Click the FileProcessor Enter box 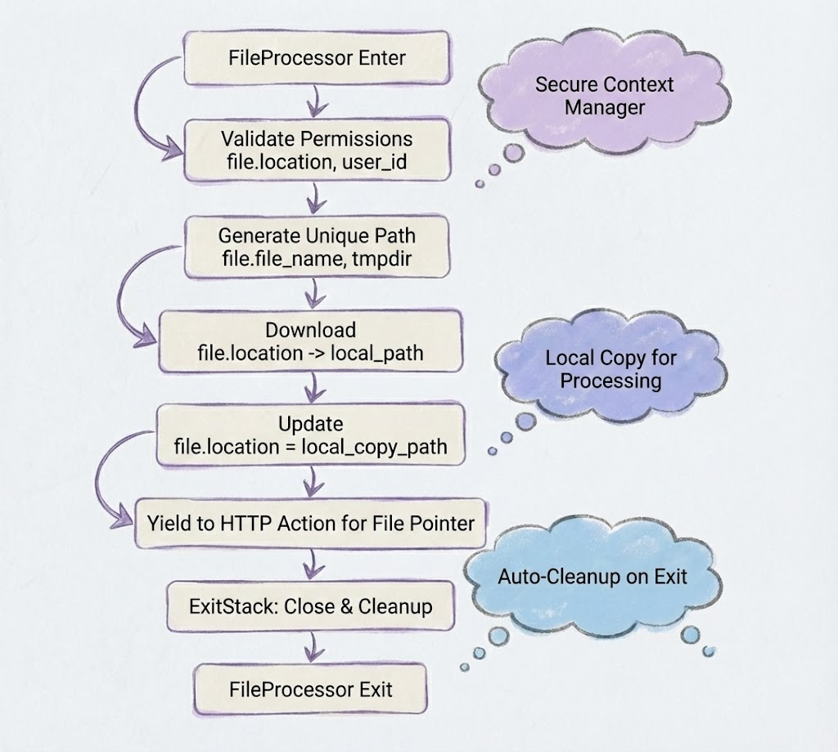point(315,59)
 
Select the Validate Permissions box point(317,151)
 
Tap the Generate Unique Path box point(316,246)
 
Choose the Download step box point(310,341)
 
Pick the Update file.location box point(310,436)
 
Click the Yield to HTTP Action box point(310,523)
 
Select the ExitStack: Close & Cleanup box point(310,607)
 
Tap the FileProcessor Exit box point(310,689)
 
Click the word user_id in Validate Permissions point(375,163)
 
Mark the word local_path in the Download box point(384,353)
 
